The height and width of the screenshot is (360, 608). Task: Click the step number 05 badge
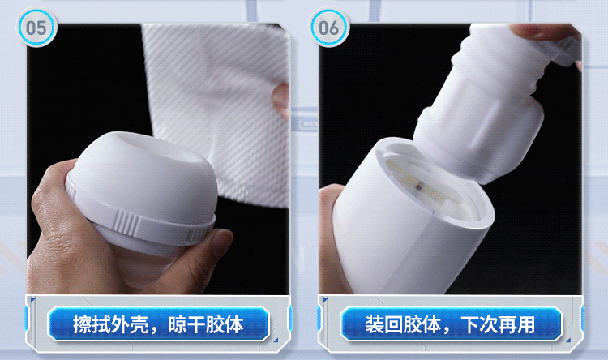pos(36,27)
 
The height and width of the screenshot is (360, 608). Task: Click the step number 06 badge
pos(329,27)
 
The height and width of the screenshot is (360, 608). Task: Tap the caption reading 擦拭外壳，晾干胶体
pos(158,324)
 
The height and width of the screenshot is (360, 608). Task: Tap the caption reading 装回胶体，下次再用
pos(450,324)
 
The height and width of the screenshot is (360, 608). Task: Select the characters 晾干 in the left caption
pos(186,324)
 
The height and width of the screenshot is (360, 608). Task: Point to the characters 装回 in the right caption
pos(384,324)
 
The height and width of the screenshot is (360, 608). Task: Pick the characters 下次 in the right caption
pos(479,324)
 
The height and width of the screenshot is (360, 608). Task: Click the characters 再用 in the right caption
pos(517,324)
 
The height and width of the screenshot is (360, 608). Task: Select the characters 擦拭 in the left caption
pos(92,324)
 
